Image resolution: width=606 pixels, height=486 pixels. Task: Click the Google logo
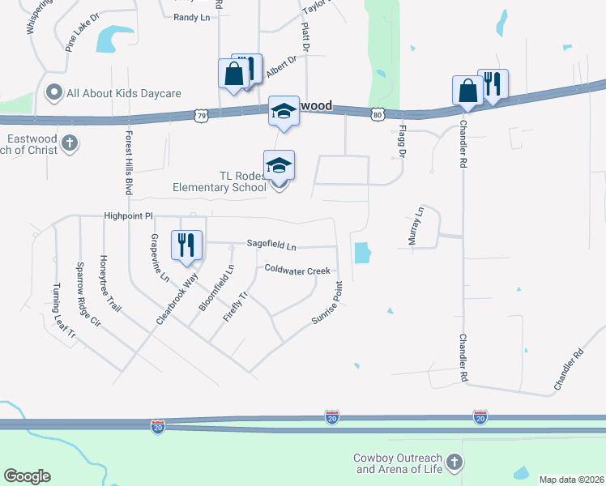pos(27,476)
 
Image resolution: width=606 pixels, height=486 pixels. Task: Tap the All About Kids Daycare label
pos(123,93)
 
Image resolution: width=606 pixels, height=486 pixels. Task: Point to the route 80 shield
pos(377,114)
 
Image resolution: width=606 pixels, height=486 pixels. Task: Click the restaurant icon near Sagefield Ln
pos(186,245)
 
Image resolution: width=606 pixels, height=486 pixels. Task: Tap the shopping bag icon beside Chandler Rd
pos(468,91)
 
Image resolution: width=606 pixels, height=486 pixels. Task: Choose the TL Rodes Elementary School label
pos(219,181)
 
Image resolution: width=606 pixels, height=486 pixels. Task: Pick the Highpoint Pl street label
pos(128,216)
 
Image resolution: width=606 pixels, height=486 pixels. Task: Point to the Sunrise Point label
pos(328,304)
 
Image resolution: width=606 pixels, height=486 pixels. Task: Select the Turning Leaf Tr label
pos(64,311)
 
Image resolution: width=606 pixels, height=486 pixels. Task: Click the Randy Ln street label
pos(191,15)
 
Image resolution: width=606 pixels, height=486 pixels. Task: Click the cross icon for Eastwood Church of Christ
pos(70,143)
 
